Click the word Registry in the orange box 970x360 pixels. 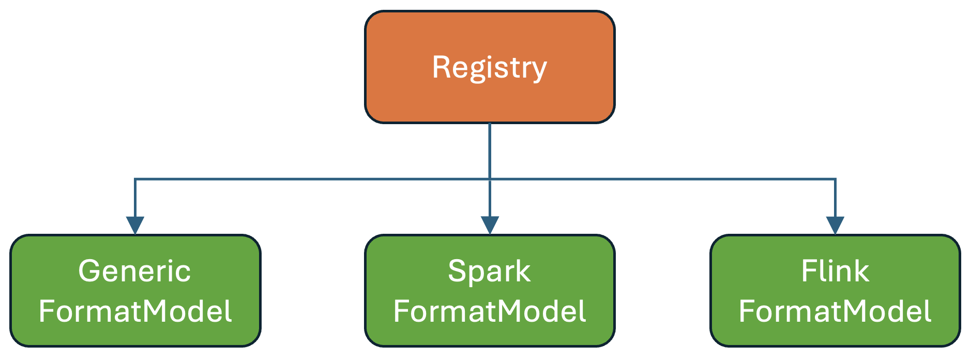tap(489, 68)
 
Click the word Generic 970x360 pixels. tap(134, 271)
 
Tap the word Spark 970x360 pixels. tap(489, 271)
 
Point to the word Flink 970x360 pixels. tap(835, 271)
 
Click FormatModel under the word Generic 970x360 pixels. tap(135, 311)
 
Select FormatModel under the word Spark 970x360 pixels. tap(489, 311)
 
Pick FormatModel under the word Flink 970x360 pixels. tap(835, 311)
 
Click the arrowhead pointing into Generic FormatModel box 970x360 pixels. tap(135, 225)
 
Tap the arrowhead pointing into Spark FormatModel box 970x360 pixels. tap(490, 225)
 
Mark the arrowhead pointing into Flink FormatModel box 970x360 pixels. tap(835, 225)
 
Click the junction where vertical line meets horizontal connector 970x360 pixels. tap(490, 179)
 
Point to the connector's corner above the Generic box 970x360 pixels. tap(135, 179)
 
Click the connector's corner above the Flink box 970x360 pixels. tap(835, 179)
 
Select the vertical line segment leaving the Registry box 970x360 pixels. tap(490, 150)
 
